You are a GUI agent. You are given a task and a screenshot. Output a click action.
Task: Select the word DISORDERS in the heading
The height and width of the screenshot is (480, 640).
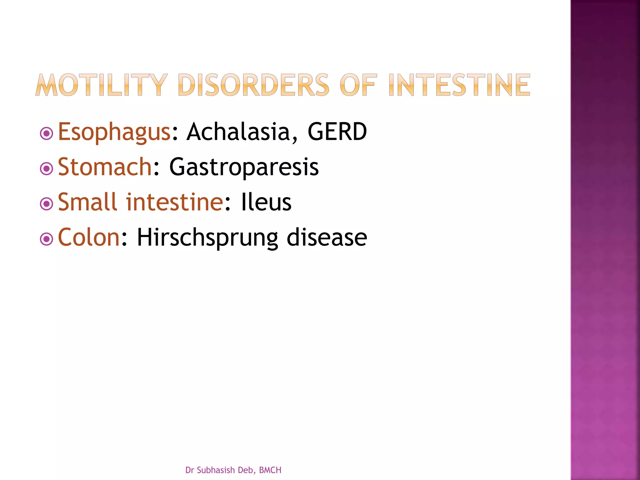[x=253, y=85]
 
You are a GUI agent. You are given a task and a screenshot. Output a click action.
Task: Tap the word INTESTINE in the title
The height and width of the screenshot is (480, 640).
[x=459, y=85]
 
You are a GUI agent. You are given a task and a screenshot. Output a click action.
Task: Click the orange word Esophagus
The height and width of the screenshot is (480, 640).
[x=114, y=132]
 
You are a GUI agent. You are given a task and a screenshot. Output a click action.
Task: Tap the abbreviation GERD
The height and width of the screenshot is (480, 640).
[x=337, y=132]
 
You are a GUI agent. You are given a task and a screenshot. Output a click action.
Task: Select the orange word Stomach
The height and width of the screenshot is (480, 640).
[x=105, y=167]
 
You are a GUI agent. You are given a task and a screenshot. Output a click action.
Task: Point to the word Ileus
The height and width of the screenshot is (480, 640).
[x=266, y=202]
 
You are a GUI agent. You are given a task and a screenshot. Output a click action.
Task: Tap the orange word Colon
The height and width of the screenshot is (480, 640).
[x=89, y=237]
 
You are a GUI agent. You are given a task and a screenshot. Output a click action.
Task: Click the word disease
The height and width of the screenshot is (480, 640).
[x=327, y=237]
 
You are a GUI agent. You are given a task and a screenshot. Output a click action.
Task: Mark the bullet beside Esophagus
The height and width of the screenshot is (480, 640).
[x=47, y=134]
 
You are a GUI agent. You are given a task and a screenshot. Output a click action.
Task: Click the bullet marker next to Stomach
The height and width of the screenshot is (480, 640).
[x=47, y=169]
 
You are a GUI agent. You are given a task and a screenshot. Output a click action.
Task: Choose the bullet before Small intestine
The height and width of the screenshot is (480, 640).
[x=47, y=204]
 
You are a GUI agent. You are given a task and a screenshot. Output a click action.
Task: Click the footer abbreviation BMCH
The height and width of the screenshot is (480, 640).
[x=270, y=470]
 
